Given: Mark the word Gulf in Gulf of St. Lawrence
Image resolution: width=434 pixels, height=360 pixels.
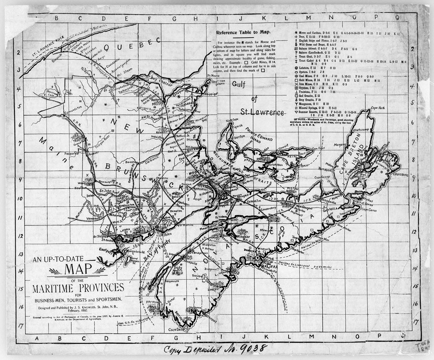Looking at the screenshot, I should pyautogui.click(x=240, y=84).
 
